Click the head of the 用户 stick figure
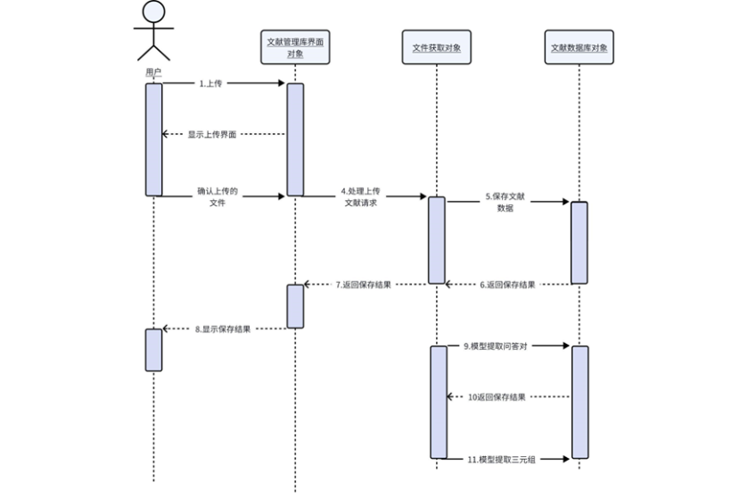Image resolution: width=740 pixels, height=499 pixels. pyautogui.click(x=153, y=12)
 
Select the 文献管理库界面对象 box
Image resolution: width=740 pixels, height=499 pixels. pyautogui.click(x=295, y=46)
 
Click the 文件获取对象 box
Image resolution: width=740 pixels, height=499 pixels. pyautogui.click(x=436, y=46)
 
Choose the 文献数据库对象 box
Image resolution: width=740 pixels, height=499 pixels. pyautogui.click(x=579, y=46)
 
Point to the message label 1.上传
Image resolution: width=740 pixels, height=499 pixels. pyautogui.click(x=211, y=82)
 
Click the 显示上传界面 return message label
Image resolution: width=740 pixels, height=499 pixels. pyautogui.click(x=212, y=134)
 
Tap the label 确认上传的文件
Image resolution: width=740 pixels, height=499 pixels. pyautogui.click(x=218, y=197)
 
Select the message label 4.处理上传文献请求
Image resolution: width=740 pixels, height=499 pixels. pyautogui.click(x=361, y=197)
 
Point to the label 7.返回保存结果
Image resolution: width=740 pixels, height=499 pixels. pyautogui.click(x=363, y=285)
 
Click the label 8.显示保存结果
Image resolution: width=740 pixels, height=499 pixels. pyautogui.click(x=223, y=329)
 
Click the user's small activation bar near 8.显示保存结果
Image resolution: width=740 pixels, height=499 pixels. pyautogui.click(x=153, y=349)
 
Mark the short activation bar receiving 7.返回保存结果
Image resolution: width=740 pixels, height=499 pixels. pyautogui.click(x=295, y=305)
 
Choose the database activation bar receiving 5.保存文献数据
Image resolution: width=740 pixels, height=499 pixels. pyautogui.click(x=579, y=242)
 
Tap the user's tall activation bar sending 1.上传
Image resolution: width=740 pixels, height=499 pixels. pyautogui.click(x=153, y=138)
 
